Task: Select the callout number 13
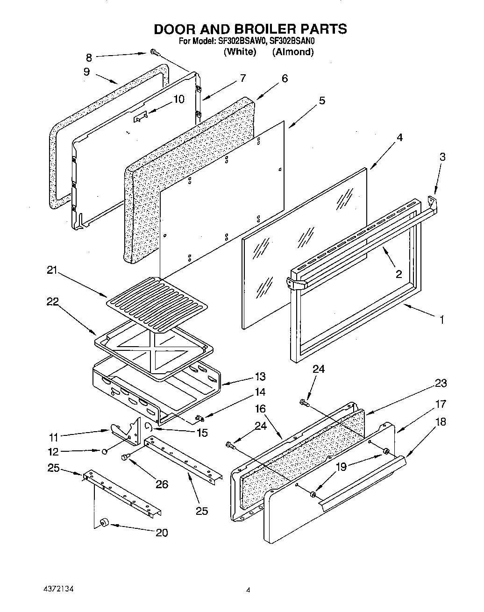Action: coord(260,377)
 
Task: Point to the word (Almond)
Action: coord(293,52)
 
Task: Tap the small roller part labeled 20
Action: coord(104,522)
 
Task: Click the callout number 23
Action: coord(440,383)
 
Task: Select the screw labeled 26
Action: coord(127,457)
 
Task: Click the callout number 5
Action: coord(322,100)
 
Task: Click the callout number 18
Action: coord(440,421)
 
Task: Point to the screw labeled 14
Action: coord(199,417)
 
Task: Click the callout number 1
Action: coord(441,320)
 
